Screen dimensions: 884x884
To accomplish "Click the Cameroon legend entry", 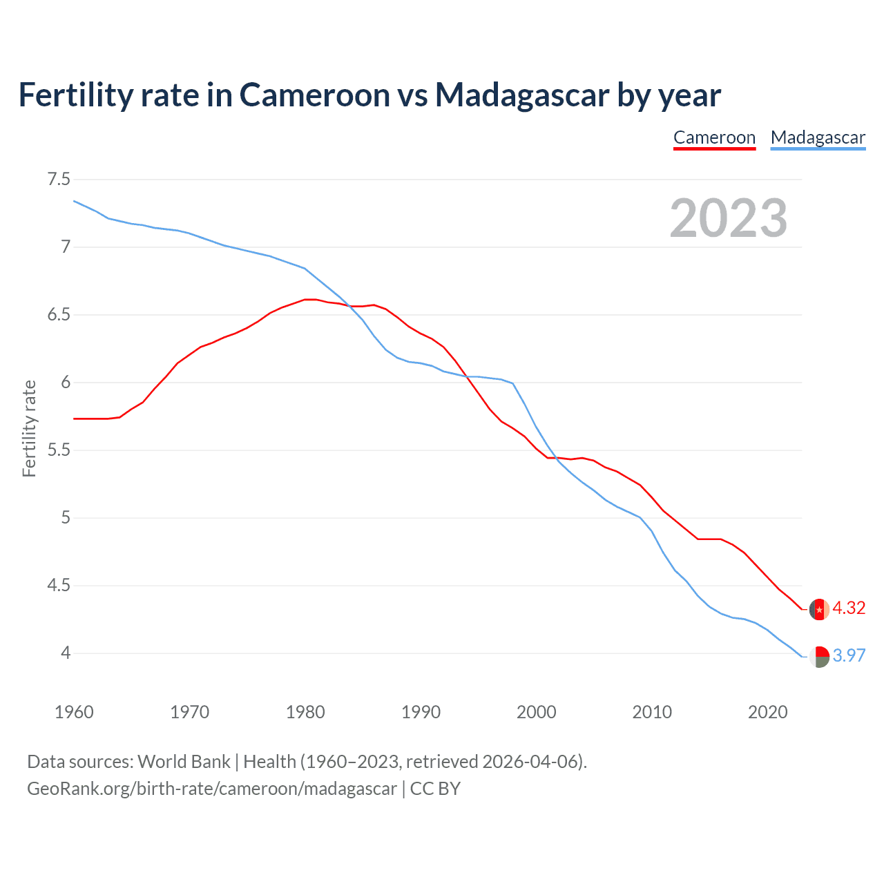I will tap(714, 137).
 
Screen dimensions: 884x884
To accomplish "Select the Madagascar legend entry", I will tap(818, 137).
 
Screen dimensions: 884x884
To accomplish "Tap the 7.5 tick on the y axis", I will tap(59, 180).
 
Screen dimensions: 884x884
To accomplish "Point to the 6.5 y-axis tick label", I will tap(59, 315).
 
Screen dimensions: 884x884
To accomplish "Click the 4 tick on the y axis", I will tap(66, 653).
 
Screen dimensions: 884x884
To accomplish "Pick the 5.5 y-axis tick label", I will tap(59, 450).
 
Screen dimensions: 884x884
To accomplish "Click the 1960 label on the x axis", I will tap(74, 712).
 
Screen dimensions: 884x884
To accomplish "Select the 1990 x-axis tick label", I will tap(421, 712).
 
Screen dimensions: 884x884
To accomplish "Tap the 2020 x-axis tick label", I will tap(767, 712).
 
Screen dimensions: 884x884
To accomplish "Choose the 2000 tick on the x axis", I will tap(536, 712).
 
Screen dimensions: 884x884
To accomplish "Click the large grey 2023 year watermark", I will tap(728, 218).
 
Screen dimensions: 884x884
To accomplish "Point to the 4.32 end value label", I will tap(849, 608).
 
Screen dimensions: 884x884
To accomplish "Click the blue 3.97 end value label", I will tap(849, 655).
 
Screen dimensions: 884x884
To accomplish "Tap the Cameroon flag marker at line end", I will tap(819, 609).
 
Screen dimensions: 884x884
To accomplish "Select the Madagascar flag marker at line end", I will tap(819, 656).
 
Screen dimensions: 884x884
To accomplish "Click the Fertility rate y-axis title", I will tap(29, 428).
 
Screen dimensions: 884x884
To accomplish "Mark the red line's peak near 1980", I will tap(310, 299).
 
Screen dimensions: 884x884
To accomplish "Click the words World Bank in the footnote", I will tap(184, 762).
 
